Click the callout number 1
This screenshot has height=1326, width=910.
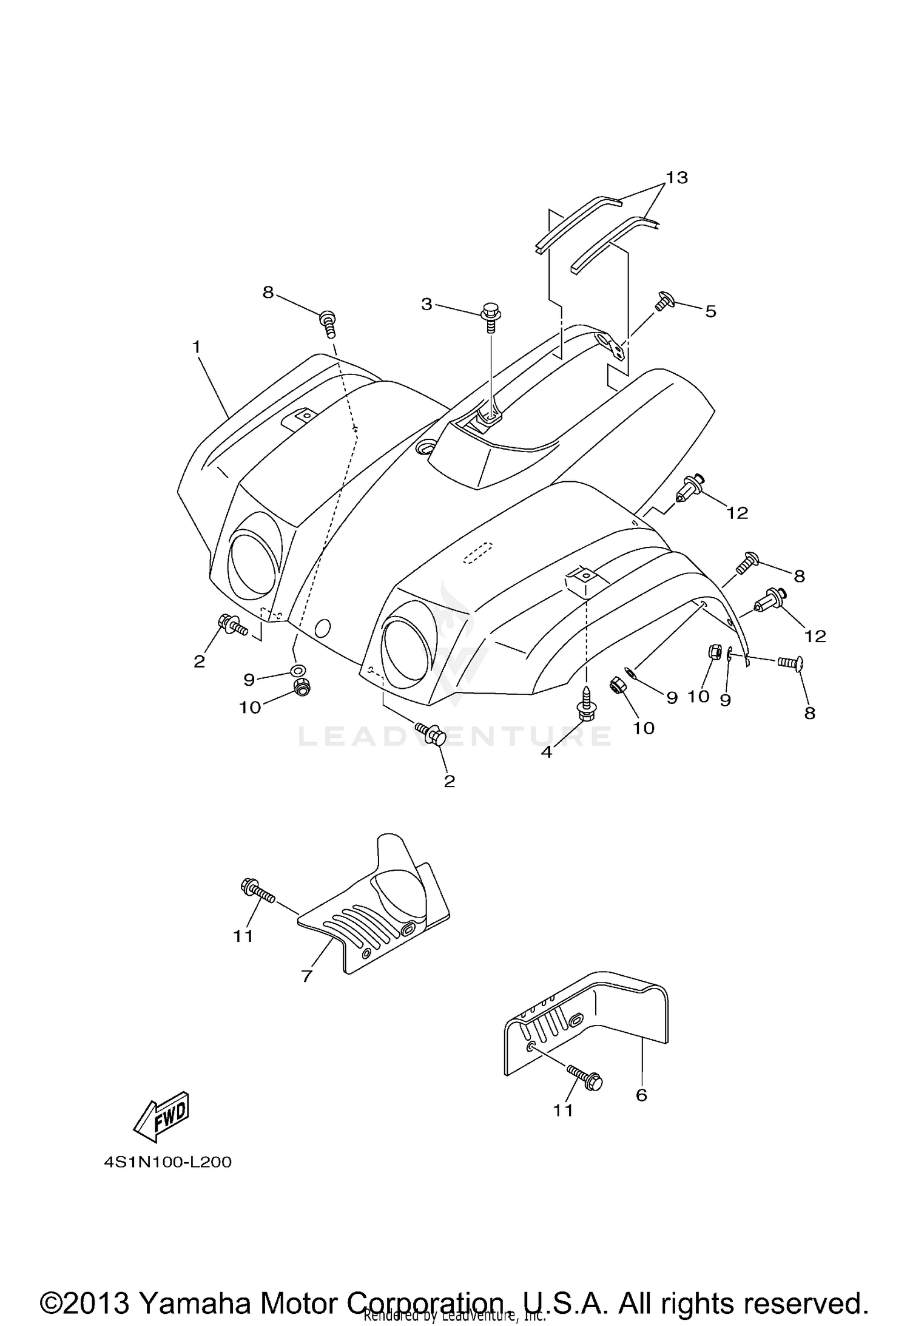(x=196, y=347)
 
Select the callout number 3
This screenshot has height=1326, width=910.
(x=426, y=305)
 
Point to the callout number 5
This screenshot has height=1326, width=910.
(x=710, y=312)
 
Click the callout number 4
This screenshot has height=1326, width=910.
(x=547, y=752)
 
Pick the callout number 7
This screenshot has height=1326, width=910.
(x=306, y=976)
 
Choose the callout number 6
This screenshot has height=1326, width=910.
(x=641, y=1095)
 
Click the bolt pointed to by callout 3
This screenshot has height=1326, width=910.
(x=490, y=318)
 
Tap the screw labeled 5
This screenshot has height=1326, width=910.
(x=663, y=302)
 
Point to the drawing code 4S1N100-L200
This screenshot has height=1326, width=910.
(x=167, y=1162)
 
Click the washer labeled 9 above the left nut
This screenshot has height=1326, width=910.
(x=298, y=670)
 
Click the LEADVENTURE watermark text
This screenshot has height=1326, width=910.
(x=455, y=736)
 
